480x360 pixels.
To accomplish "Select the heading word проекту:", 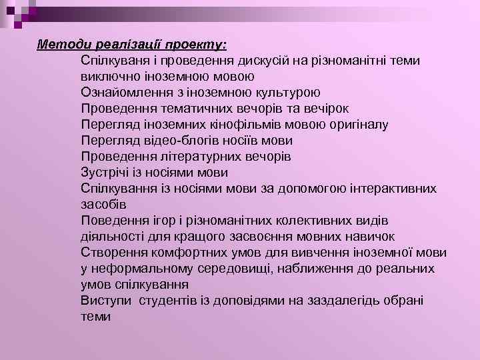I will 197,45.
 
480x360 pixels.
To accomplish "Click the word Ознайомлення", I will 121,93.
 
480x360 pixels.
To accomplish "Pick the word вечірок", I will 326,109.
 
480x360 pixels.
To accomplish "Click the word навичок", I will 371,237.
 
